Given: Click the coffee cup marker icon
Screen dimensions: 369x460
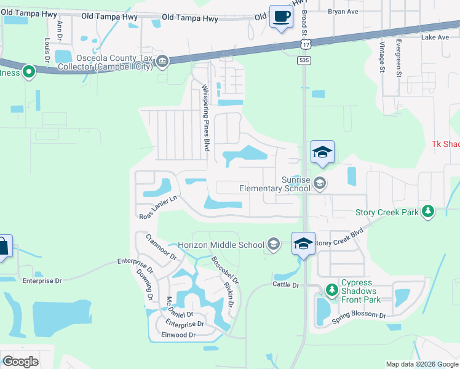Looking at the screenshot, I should point(281,17).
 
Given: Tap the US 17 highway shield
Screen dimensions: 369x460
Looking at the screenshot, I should point(305,44).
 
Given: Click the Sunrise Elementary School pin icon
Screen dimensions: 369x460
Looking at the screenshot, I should point(319,183).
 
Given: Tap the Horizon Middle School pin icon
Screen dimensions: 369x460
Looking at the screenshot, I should point(274,245).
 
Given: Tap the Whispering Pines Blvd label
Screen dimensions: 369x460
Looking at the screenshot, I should point(207,119).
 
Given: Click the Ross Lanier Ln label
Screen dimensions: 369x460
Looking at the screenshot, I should point(158,207).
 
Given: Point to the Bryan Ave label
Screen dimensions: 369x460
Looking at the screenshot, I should point(343,11).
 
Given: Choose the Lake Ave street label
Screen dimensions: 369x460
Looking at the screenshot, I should point(435,38).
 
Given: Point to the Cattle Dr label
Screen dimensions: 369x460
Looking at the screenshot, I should point(286,285).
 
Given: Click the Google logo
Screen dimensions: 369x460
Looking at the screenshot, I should point(20,362).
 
